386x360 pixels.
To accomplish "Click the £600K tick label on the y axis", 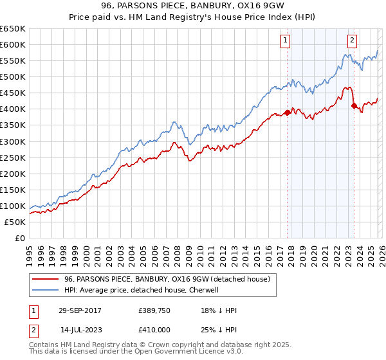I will click(13, 44).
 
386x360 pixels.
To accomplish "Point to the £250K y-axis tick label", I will click(13, 157).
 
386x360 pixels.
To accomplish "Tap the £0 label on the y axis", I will click(20, 238).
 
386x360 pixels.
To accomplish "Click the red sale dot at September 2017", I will click(287, 113).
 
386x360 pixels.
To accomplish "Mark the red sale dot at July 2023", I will click(353, 106).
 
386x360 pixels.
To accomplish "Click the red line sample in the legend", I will click(46, 279).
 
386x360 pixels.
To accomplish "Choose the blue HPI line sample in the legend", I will click(46, 290).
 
